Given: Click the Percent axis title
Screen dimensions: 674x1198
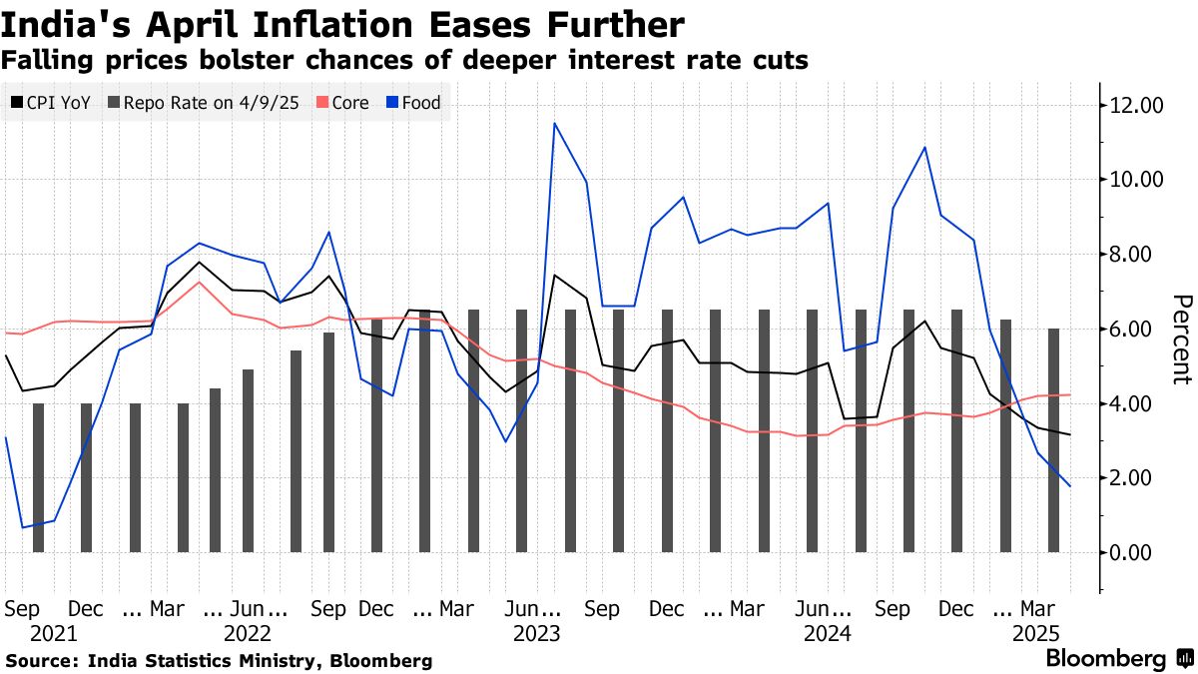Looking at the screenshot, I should click(x=1182, y=339).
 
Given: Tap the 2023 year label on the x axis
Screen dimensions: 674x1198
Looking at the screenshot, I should click(x=537, y=633).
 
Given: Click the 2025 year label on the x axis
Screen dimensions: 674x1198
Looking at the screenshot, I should click(x=1036, y=633).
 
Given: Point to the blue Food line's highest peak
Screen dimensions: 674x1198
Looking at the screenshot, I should click(x=554, y=123).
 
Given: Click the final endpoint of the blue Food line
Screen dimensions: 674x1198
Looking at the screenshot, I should click(x=1070, y=486).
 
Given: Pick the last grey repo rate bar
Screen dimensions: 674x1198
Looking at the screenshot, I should click(x=1053, y=439).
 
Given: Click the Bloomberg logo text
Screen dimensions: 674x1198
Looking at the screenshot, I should click(x=1105, y=659).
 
